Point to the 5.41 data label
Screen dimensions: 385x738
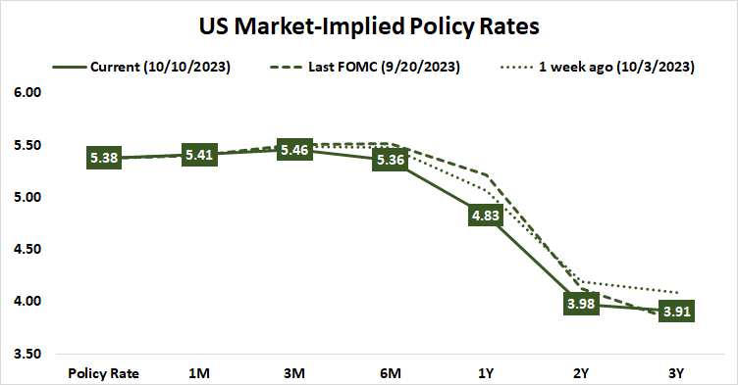point(200,154)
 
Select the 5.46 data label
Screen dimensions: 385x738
point(295,150)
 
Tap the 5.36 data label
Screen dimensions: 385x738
point(391,160)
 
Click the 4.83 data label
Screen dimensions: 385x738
point(487,214)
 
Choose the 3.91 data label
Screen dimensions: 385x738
point(677,311)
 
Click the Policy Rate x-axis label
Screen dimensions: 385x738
point(104,373)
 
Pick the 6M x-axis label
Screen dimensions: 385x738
point(391,373)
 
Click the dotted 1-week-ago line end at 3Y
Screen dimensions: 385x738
point(677,292)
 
